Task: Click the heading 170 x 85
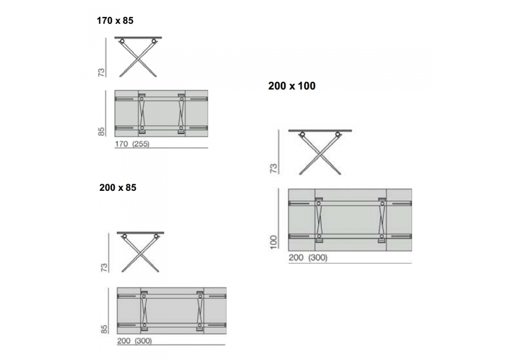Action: tap(115, 21)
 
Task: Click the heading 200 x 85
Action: tap(118, 188)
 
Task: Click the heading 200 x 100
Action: tap(292, 86)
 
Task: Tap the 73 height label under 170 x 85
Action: tap(101, 73)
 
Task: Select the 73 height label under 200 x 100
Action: tap(273, 168)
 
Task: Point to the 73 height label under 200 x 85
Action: tap(104, 267)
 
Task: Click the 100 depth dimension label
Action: tap(273, 242)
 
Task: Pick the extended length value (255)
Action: tap(141, 143)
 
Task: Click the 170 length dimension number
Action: tap(121, 143)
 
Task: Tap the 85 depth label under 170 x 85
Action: tap(101, 132)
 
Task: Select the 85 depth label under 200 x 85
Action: tap(104, 329)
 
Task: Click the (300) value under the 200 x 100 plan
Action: tap(318, 258)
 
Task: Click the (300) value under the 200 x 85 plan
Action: tap(143, 341)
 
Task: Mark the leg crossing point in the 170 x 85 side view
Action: tap(138, 60)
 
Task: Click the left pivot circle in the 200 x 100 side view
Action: tap(302, 134)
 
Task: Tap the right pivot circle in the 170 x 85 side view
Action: tap(154, 41)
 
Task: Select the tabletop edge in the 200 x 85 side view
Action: tap(140, 233)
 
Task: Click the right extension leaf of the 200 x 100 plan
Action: tap(399, 220)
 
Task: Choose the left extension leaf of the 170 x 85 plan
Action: tap(126, 114)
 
